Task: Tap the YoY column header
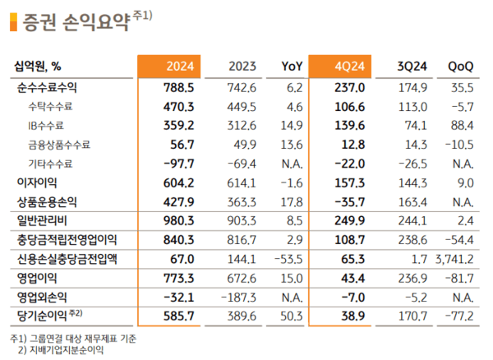pos(293,67)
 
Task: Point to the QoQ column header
pos(460,67)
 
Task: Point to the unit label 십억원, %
pos(38,67)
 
